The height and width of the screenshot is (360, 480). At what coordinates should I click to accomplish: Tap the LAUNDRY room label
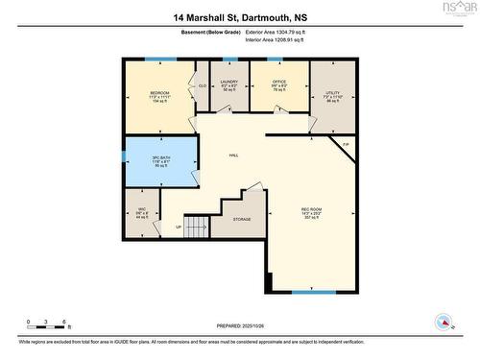(x=229, y=83)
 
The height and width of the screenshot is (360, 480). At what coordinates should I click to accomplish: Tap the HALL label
(x=233, y=156)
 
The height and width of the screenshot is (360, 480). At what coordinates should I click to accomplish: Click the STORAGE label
(x=242, y=220)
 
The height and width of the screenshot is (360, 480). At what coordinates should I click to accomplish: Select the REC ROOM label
(x=312, y=209)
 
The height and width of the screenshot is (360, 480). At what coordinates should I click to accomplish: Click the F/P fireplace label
(x=346, y=145)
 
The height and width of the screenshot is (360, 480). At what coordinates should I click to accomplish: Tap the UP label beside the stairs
(x=178, y=228)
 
